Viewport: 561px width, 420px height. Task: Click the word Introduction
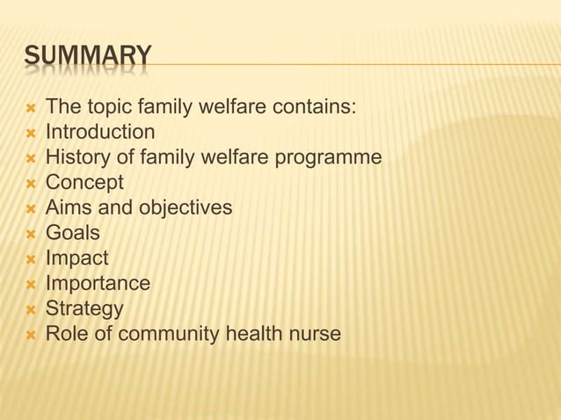[100, 133]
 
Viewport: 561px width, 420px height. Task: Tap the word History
[73, 158]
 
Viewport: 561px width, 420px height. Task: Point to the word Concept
[84, 183]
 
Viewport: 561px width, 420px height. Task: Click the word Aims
[69, 208]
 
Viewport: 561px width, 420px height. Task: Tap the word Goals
[72, 234]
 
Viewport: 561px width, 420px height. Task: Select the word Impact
[76, 259]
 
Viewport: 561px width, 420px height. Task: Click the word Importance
[98, 284]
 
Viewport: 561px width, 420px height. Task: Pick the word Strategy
[84, 309]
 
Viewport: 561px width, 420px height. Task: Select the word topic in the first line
[112, 108]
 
